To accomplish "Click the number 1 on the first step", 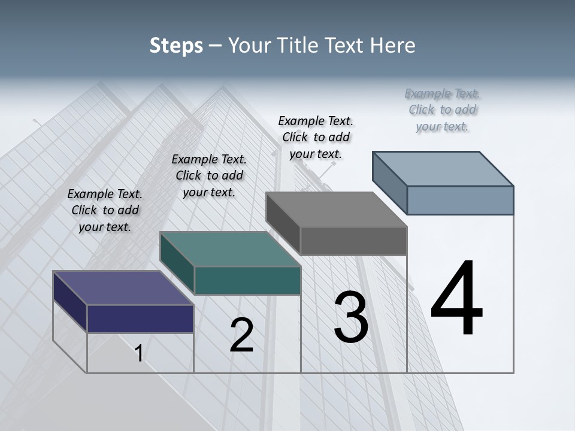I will pos(139,353).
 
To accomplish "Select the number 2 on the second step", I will pos(241,335).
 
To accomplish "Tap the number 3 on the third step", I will pos(351,317).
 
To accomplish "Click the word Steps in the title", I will pos(176,45).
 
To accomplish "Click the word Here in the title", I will pos(393,45).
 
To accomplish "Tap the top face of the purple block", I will pos(123,288).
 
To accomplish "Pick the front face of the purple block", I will pos(140,318).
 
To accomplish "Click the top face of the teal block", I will pos(230,249).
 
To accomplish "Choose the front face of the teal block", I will pos(247,280).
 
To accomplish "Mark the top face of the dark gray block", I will pos(336,210).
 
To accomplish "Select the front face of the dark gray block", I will pos(353,241).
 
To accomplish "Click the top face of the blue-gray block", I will pos(443,169).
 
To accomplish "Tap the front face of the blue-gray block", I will pos(460,200).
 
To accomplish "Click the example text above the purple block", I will pos(105,210).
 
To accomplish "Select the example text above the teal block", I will pos(209,175).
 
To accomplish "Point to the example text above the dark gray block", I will pos(316,137).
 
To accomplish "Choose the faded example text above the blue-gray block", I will pos(443,110).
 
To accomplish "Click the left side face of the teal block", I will pos(177,263).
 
